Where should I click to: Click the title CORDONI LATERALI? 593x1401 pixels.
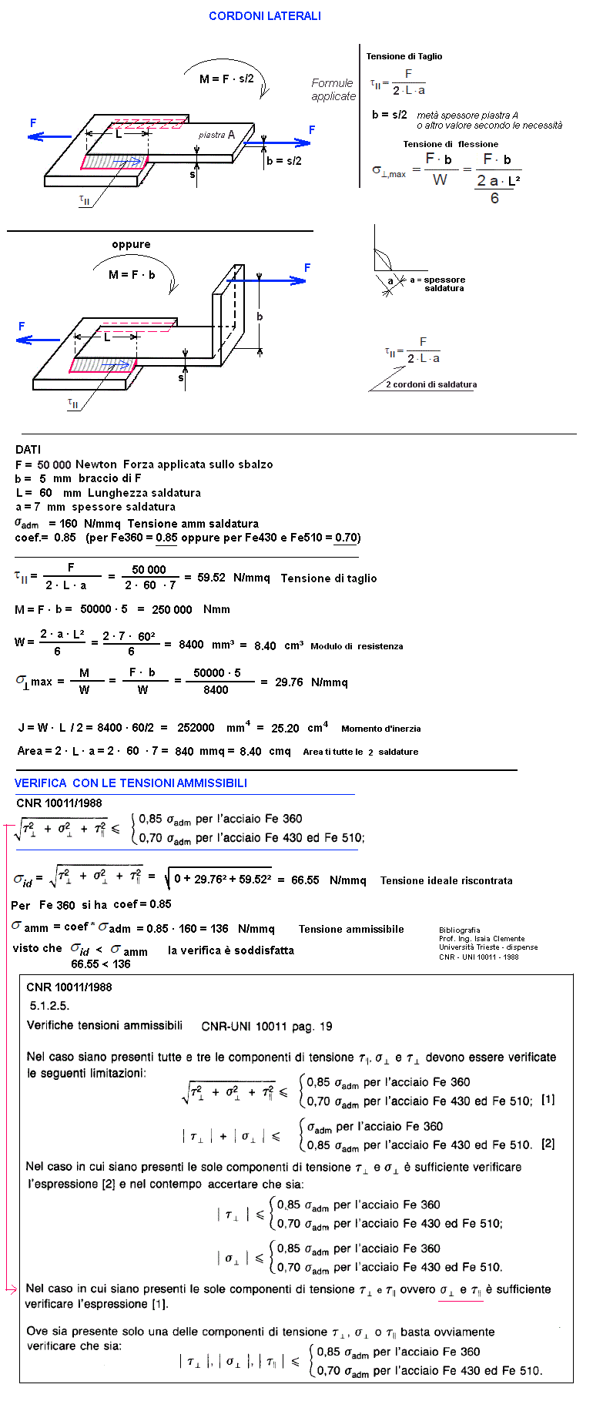[x=265, y=16]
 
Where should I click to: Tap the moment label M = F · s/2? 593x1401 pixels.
[x=226, y=79]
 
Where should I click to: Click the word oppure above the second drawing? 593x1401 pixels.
[x=131, y=244]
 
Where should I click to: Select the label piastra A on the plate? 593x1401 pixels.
[x=216, y=135]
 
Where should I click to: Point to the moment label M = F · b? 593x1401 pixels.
[x=132, y=274]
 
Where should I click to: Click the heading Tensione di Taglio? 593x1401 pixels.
[x=404, y=56]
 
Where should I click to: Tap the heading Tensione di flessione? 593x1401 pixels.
[x=451, y=144]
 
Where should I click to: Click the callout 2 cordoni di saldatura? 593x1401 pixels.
[x=431, y=384]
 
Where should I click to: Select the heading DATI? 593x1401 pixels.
[x=28, y=449]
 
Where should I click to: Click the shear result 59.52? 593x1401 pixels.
[x=211, y=578]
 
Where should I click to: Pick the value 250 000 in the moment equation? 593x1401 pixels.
[x=172, y=609]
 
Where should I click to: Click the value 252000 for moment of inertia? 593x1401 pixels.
[x=196, y=728]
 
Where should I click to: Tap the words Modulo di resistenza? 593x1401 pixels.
[x=357, y=646]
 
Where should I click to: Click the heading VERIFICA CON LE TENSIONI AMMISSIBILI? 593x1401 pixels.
[x=131, y=783]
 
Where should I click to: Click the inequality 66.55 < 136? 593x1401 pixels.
[x=101, y=964]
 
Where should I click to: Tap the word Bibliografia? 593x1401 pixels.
[x=460, y=930]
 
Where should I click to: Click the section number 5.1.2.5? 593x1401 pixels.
[x=50, y=1005]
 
